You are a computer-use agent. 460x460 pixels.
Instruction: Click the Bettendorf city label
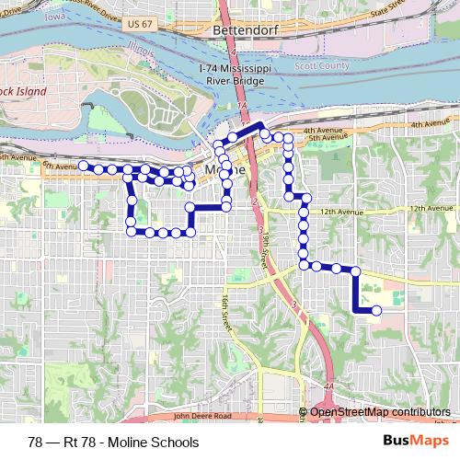pos(238,30)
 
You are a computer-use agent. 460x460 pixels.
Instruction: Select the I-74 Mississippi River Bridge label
pos(232,74)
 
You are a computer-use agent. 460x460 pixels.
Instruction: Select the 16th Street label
pos(224,312)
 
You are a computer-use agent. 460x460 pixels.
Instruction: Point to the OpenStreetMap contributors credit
pos(380,412)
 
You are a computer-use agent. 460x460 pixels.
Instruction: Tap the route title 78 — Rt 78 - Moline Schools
pos(113,442)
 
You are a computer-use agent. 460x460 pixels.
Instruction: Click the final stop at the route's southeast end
pos(375,311)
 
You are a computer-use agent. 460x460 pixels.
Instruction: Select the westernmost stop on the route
pos(83,166)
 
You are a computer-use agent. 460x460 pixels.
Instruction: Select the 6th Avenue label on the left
pos(55,166)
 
